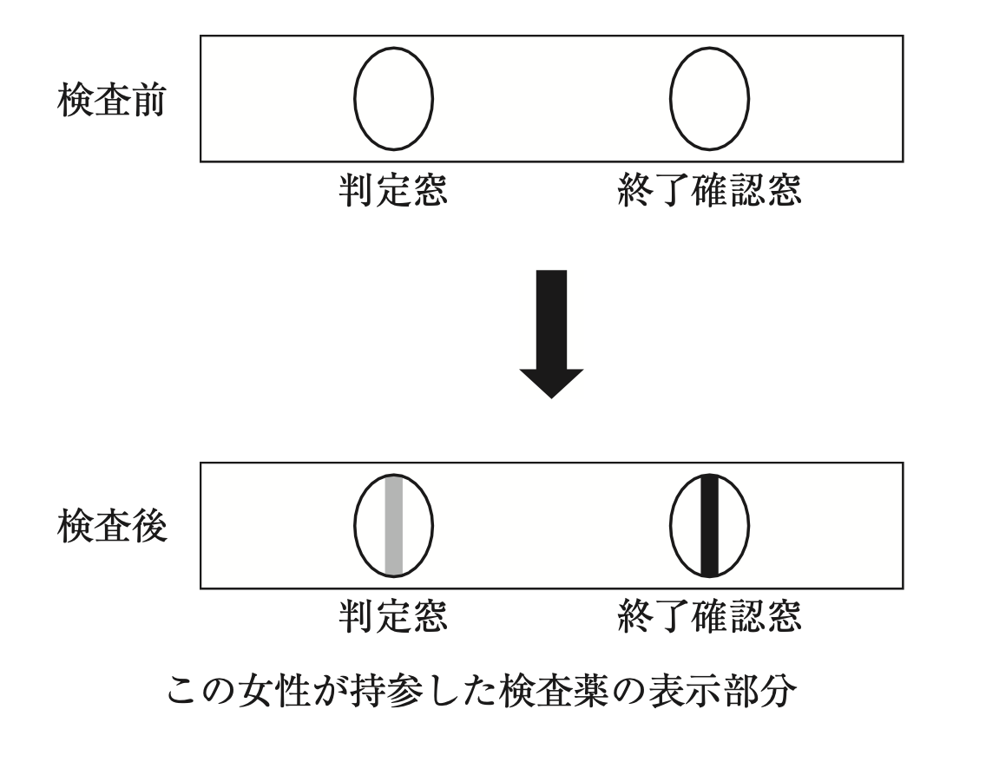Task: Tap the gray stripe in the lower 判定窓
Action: click(394, 525)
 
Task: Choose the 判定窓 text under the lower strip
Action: click(392, 618)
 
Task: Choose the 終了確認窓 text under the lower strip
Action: click(708, 618)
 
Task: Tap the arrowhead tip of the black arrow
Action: click(551, 395)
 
